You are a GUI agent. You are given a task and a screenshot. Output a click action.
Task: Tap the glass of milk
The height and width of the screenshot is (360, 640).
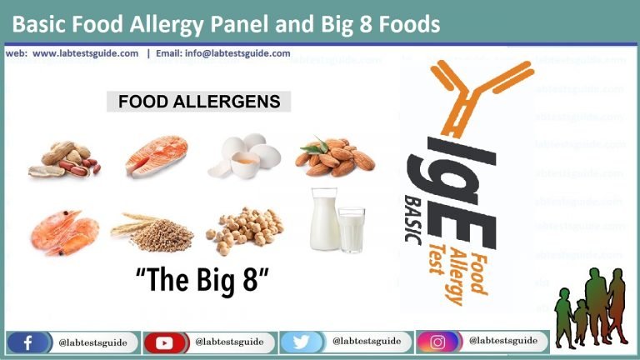pyautogui.click(x=351, y=230)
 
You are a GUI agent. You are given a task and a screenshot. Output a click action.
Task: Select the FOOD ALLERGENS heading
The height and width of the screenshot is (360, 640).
pyautogui.click(x=198, y=102)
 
